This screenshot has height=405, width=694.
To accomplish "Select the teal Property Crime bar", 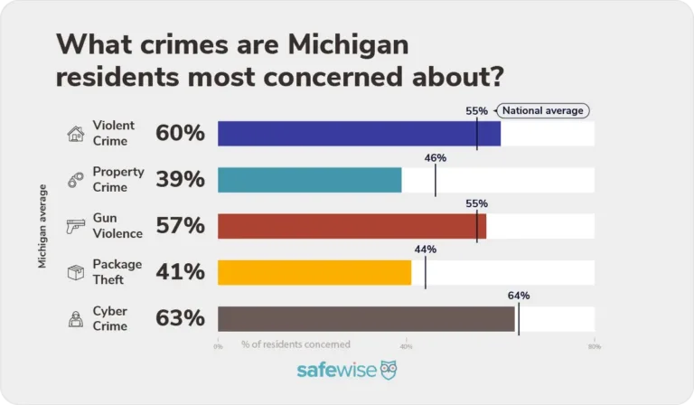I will tap(309, 180).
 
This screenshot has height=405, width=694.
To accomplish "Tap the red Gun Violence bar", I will tap(352, 226).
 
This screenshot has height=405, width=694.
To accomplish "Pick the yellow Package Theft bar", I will tap(314, 272).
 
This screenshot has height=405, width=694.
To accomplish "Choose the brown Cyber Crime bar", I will tap(366, 318).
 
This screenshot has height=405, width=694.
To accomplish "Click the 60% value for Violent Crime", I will tap(181, 134).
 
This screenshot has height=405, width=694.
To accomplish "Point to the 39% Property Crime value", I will tap(181, 180).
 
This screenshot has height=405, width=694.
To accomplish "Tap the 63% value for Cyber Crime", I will tap(181, 318).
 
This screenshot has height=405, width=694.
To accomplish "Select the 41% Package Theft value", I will tap(181, 272).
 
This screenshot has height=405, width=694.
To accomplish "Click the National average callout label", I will tap(543, 110).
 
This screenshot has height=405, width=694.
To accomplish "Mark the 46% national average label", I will tap(436, 157).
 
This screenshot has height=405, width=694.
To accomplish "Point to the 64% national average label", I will tap(519, 296).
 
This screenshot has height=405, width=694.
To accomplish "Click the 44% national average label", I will tap(426, 250).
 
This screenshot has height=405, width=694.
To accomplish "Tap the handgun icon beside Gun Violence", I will tap(76, 226).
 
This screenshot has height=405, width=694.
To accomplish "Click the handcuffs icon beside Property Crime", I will tap(76, 180).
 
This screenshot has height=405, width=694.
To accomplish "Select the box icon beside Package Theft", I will tap(76, 272).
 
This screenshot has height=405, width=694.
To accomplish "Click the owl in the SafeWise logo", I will tap(388, 371).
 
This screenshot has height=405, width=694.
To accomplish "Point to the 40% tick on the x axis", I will tap(406, 345).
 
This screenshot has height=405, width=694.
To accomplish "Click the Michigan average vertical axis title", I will tap(42, 226).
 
